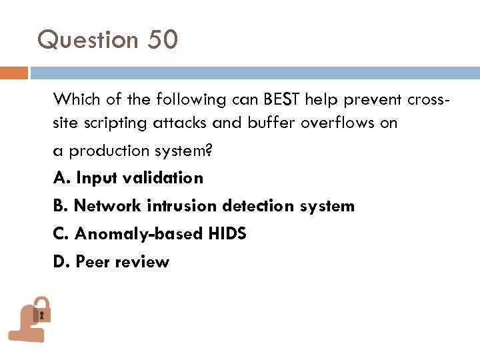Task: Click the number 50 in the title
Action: [x=163, y=40]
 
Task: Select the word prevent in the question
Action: [x=375, y=100]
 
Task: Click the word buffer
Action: [x=273, y=123]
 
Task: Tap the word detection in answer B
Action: [x=258, y=206]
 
